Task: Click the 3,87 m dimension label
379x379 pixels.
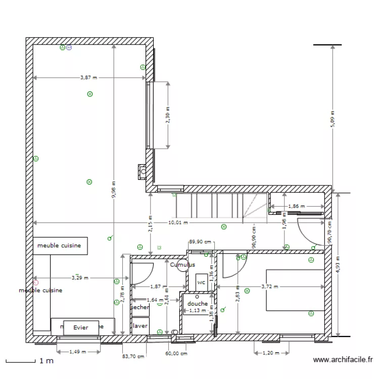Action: (x=88, y=78)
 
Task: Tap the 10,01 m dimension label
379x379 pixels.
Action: (x=177, y=222)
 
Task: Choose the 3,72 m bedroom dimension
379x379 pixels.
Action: (x=269, y=287)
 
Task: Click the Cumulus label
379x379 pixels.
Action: (x=182, y=265)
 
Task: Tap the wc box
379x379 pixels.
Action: (x=201, y=282)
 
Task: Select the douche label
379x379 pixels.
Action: (x=197, y=304)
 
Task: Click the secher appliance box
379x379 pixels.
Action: (x=139, y=307)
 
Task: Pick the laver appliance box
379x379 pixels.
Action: (x=139, y=326)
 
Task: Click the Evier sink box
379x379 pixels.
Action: (x=81, y=327)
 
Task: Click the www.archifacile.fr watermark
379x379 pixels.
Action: (x=343, y=360)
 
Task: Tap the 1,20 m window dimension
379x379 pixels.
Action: (x=271, y=353)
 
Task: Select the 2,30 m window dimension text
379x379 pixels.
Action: (x=168, y=114)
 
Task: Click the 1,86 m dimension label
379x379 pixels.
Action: (x=296, y=207)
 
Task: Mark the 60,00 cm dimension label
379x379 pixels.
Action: (x=176, y=354)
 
